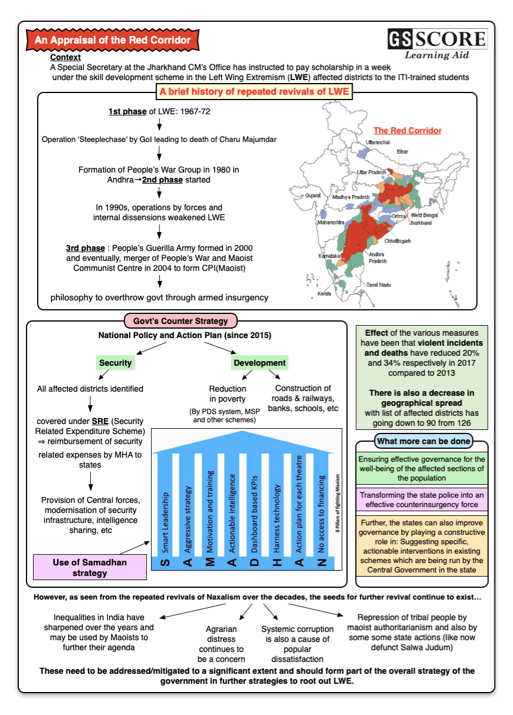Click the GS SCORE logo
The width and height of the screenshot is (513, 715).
click(437, 44)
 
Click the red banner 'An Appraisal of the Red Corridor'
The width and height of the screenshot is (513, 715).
click(113, 40)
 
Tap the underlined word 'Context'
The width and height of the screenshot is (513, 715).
click(65, 57)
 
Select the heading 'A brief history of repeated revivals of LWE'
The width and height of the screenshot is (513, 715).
click(254, 92)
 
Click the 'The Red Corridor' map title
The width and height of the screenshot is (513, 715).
click(407, 131)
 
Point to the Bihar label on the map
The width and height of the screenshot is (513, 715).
click(402, 151)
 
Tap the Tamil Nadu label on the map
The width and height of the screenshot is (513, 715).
click(379, 284)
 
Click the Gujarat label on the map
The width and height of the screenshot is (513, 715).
click(313, 195)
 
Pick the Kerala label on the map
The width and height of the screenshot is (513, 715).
click(324, 293)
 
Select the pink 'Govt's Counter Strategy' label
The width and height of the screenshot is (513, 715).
click(180, 321)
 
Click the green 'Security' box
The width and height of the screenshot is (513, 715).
click(116, 363)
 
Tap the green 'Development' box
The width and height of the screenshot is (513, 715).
click(259, 363)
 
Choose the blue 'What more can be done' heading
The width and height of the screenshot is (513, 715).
click(424, 441)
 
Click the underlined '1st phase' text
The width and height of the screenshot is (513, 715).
click(127, 111)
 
